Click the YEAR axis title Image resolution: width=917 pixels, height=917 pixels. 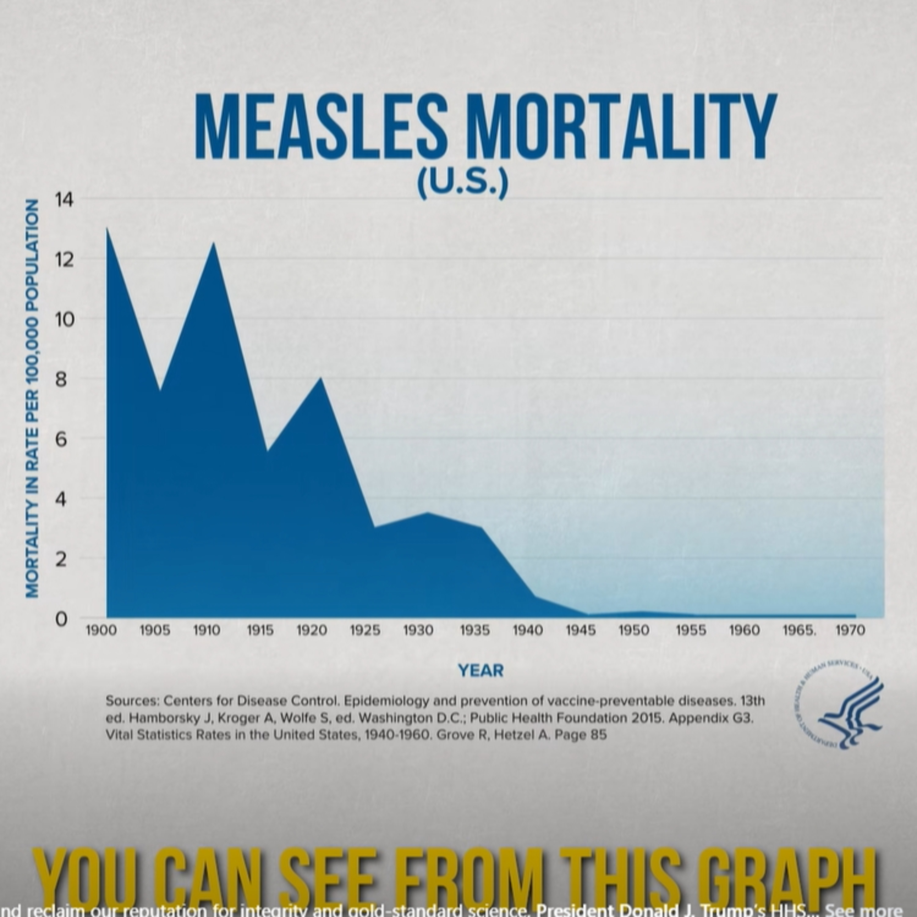pos(480,671)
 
